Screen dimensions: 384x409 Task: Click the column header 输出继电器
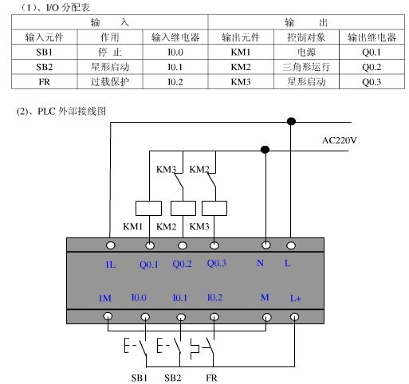(x=371, y=37)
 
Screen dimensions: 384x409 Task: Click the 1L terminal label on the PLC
(x=110, y=263)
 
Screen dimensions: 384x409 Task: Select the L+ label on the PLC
(x=295, y=299)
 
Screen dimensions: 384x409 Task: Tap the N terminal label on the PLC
(x=261, y=263)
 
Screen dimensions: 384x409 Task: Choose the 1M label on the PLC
(x=104, y=299)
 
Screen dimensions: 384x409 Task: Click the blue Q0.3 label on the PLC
(x=216, y=263)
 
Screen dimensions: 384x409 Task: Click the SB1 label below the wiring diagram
(x=140, y=376)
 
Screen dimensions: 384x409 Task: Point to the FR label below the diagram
(x=211, y=376)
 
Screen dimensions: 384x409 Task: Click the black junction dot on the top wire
(x=292, y=121)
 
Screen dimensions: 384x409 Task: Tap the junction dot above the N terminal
(x=265, y=149)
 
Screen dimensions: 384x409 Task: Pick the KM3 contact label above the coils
(x=166, y=169)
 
